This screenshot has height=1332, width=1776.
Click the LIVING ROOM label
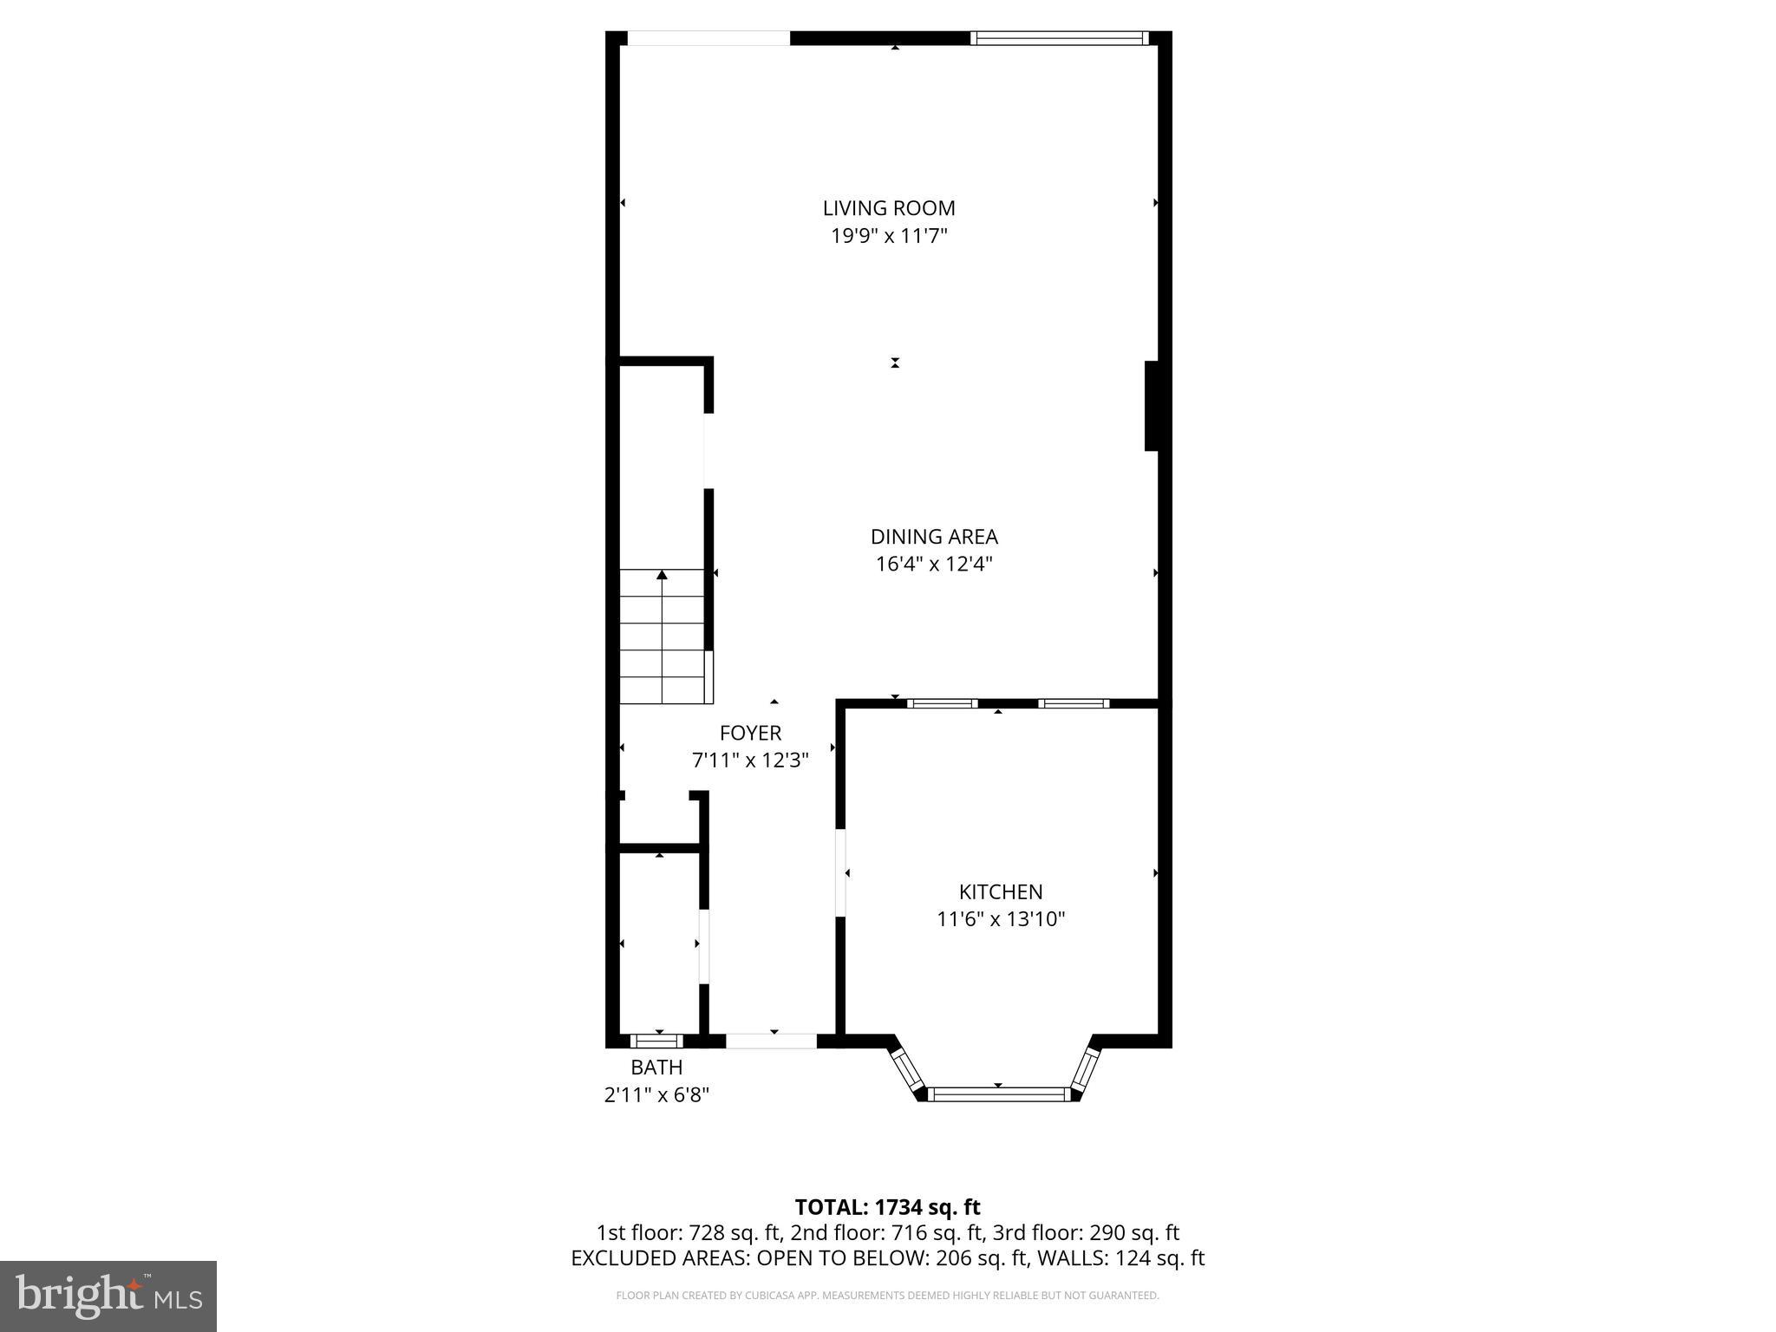point(889,208)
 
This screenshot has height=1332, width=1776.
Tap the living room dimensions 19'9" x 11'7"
point(889,236)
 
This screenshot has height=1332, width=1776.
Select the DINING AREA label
point(934,537)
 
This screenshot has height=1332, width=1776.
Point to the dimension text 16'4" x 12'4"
point(934,565)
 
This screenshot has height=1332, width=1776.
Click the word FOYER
point(750,733)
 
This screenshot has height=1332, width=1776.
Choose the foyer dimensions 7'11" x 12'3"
point(750,761)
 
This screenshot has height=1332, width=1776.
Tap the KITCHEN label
point(1001,891)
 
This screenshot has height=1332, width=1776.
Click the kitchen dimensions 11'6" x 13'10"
point(1001,919)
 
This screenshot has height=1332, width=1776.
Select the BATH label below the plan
point(656,1068)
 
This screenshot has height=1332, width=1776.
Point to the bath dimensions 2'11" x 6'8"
point(656,1095)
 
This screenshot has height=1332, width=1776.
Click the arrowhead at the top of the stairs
point(663,574)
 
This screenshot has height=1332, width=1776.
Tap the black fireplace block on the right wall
point(1152,406)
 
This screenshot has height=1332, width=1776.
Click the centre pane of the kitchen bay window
point(998,1094)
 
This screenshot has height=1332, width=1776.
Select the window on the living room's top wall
point(1059,38)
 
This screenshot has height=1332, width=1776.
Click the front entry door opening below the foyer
point(771,1041)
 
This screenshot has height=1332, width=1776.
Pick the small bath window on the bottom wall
point(656,1041)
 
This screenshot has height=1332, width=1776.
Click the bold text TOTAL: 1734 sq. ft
point(887,1207)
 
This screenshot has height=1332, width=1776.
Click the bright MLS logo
point(108,1296)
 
